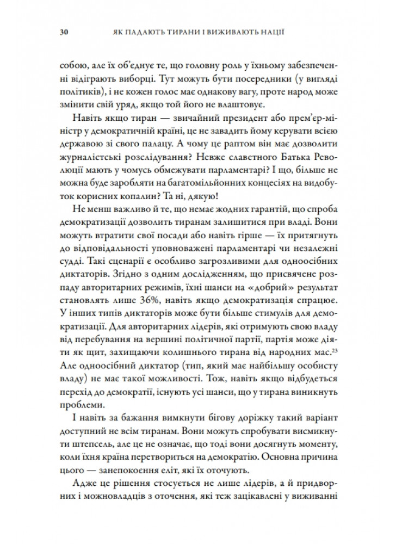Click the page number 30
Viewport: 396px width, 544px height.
[x=63, y=32]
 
